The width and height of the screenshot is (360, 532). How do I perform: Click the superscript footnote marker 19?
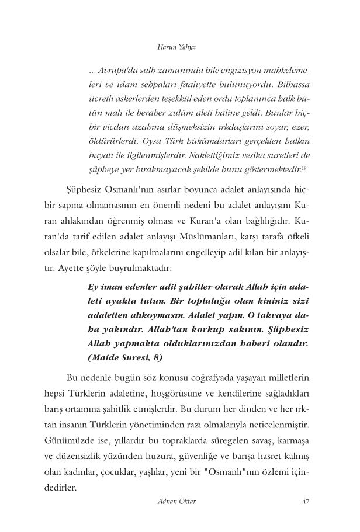pyautogui.click(x=305, y=168)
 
